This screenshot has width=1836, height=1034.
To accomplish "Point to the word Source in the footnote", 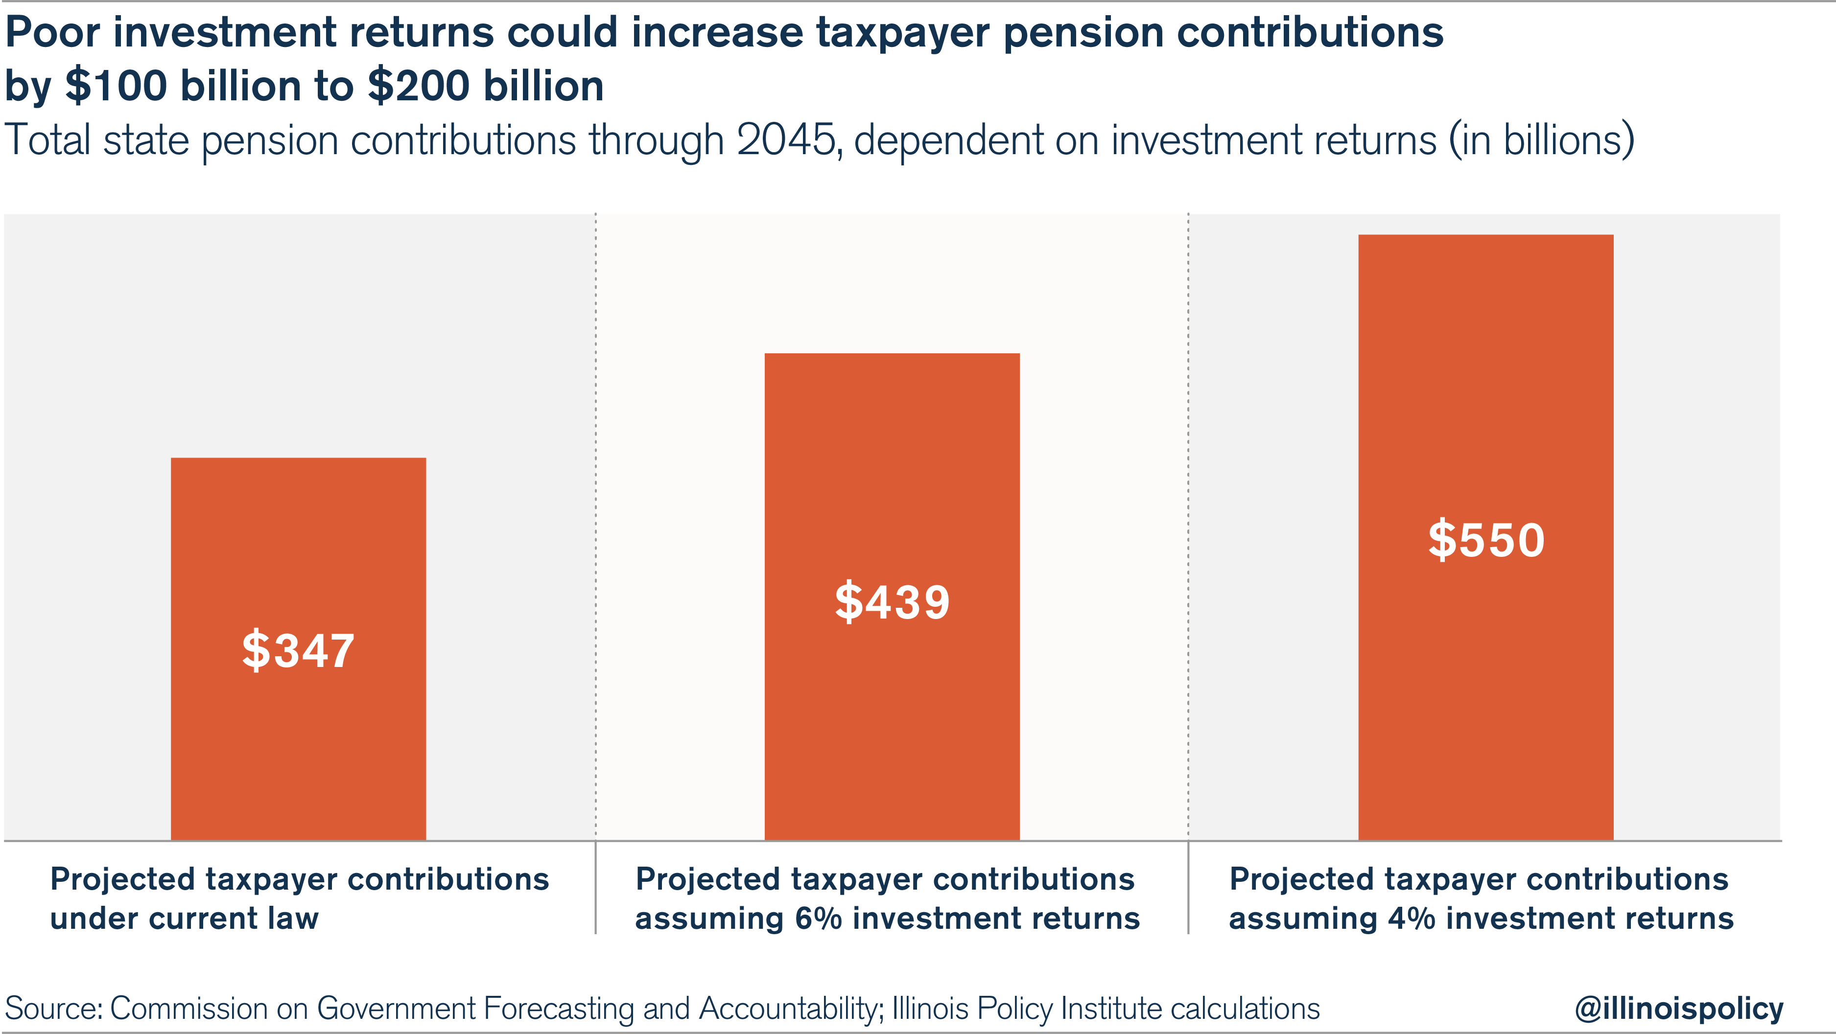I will [x=53, y=1009].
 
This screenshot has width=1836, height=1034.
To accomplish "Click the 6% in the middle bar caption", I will [x=818, y=919].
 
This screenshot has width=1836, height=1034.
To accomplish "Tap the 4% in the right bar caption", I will [x=1411, y=919].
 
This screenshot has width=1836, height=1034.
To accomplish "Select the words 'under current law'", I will [x=184, y=919].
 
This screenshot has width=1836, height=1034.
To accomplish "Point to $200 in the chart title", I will [x=420, y=86].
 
